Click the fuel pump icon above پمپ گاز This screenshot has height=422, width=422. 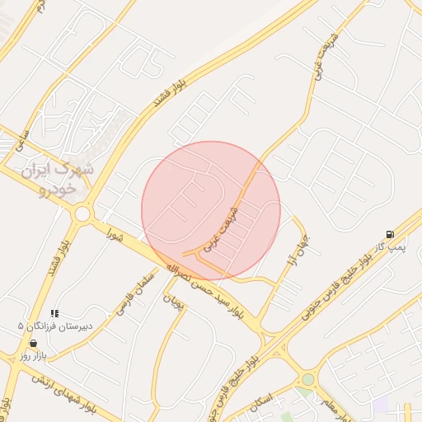(390, 234)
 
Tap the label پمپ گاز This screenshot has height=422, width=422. (387, 246)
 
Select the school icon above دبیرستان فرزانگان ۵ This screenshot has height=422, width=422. (54, 313)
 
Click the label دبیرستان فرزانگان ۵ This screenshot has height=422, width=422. (56, 326)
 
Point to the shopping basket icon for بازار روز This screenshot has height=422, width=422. (32, 343)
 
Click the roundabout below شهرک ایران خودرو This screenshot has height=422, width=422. (82, 214)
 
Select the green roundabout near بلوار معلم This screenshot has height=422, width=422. (308, 379)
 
